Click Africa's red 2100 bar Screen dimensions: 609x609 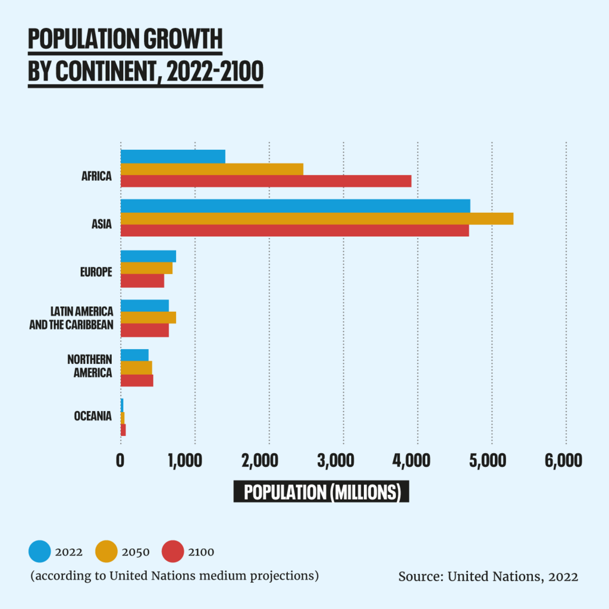(266, 181)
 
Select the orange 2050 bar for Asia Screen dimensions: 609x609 (316, 219)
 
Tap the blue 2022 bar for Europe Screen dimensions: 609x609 (148, 256)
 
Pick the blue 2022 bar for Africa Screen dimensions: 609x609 (172, 156)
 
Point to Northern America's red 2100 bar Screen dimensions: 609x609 (137, 381)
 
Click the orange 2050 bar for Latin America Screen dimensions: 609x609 (148, 318)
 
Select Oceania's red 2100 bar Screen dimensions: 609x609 (123, 430)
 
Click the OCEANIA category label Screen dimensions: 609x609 (93, 416)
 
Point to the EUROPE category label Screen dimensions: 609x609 (96, 272)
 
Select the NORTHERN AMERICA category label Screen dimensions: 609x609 (89, 366)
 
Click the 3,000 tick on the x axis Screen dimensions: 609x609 (343, 461)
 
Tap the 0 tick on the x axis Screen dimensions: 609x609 (120, 461)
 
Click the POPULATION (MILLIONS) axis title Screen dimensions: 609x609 (321, 492)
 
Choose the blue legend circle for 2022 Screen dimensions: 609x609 (39, 552)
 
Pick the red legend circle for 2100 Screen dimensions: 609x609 (172, 552)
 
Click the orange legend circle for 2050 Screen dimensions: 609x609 (106, 552)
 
